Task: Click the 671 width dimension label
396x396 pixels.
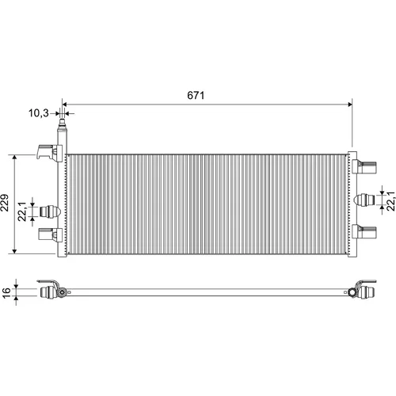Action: (196, 95)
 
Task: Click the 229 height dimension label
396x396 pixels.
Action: (5, 203)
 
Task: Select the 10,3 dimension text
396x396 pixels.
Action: (39, 113)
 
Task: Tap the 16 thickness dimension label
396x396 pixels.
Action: (6, 293)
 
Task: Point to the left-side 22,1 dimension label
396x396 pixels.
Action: (22, 211)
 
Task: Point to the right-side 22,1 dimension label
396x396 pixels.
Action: (390, 201)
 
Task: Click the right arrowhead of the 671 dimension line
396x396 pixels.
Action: (350, 105)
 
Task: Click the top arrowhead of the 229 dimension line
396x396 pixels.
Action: (15, 158)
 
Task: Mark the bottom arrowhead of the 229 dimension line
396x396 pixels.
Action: (15, 251)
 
